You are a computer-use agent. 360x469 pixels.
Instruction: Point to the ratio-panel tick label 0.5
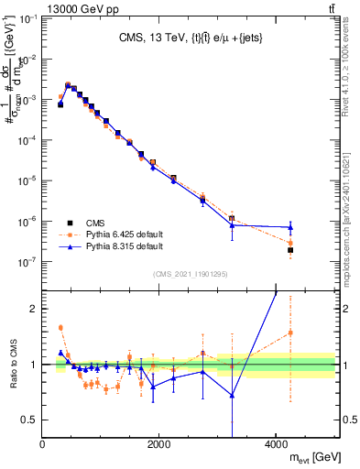(x=28, y=420)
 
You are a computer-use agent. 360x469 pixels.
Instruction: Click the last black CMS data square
(x=290, y=250)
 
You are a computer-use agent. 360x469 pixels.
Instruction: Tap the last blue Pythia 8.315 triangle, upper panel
(x=290, y=226)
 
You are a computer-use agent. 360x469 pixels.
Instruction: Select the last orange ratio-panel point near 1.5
(x=290, y=333)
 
